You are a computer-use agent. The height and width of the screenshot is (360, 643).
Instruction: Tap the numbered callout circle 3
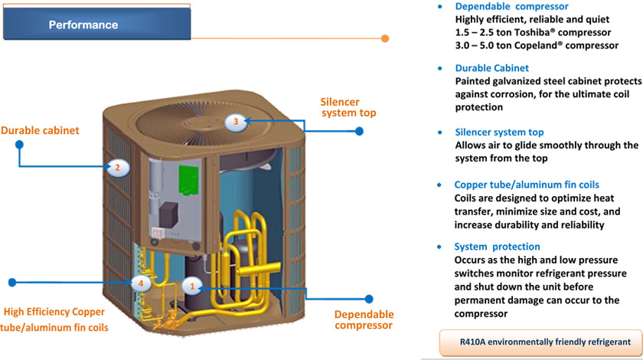[237, 121]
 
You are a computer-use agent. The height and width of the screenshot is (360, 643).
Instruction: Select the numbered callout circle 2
[117, 166]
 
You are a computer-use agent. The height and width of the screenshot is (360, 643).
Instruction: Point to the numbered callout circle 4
[139, 283]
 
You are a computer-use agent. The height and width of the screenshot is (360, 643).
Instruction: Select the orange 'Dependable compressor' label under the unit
[364, 320]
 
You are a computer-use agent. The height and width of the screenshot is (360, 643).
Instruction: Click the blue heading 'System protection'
[497, 247]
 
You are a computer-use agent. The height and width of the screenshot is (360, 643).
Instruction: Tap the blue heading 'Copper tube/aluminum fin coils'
[526, 185]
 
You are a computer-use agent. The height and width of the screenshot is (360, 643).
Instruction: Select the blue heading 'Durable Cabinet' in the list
[491, 68]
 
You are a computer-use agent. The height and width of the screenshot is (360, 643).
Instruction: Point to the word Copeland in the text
[540, 45]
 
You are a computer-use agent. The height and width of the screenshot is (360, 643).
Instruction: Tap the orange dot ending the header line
[386, 38]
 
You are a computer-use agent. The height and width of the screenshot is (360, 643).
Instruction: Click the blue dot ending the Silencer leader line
[359, 131]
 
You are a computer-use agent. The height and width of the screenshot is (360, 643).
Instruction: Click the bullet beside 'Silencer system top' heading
[439, 133]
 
